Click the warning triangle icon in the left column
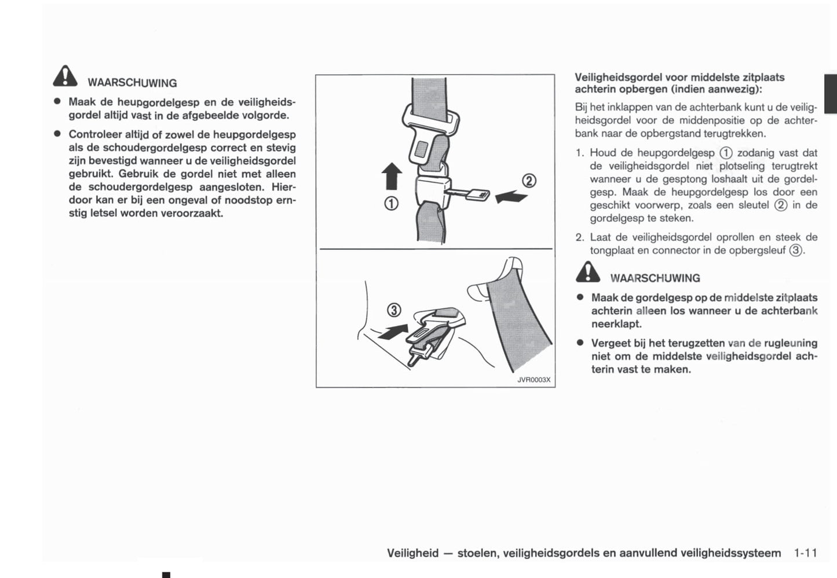[x=65, y=76]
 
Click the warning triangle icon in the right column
[x=588, y=272]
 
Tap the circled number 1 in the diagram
[x=392, y=204]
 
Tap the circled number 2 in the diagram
[x=529, y=180]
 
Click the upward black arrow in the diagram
[x=392, y=175]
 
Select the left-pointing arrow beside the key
[x=512, y=197]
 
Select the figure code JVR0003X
[x=533, y=380]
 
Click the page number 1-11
[x=805, y=553]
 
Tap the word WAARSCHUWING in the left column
[x=132, y=83]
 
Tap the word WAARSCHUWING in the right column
[x=655, y=278]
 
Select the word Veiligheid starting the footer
[x=412, y=553]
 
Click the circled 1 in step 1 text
[x=726, y=153]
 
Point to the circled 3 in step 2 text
[x=796, y=250]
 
